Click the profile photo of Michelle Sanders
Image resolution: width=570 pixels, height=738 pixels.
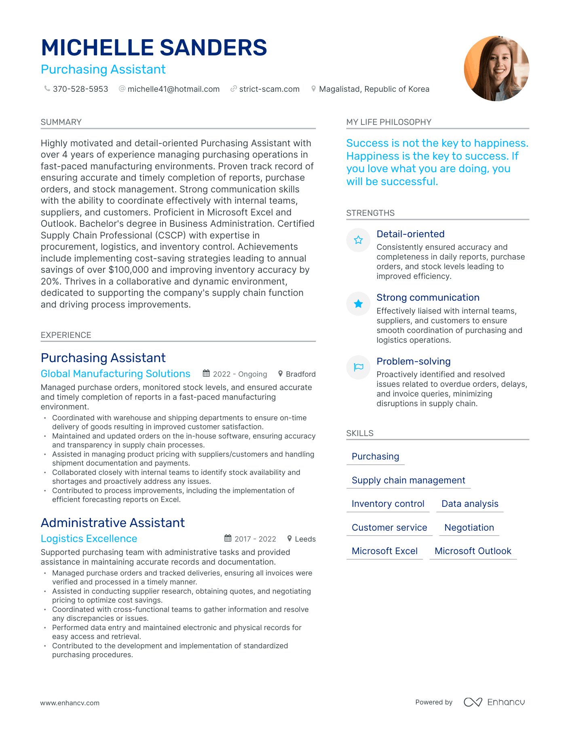(x=496, y=68)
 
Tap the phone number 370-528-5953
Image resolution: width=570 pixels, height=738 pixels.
(x=80, y=89)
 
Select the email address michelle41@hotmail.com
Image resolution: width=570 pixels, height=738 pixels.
(x=173, y=89)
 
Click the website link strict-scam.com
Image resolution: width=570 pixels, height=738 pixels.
(x=269, y=89)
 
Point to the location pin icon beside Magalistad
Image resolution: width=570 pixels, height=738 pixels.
(x=313, y=89)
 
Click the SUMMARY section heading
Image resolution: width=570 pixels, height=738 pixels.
(x=61, y=122)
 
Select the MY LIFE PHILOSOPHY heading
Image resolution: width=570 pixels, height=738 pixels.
(x=388, y=122)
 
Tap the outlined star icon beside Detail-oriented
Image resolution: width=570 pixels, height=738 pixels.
(x=358, y=240)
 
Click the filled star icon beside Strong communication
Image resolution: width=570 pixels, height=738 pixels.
(x=358, y=304)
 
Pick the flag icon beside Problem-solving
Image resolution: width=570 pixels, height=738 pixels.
(x=358, y=367)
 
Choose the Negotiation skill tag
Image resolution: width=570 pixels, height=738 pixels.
(x=469, y=527)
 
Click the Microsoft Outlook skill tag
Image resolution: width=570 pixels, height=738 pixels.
(x=473, y=551)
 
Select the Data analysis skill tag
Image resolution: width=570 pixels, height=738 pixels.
(x=470, y=504)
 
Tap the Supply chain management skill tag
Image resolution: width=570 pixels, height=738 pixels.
(x=408, y=480)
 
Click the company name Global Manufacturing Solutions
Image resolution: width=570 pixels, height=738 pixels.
(x=116, y=374)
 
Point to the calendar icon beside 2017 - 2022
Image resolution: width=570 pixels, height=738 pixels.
(x=228, y=538)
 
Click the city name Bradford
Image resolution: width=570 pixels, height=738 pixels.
(x=300, y=374)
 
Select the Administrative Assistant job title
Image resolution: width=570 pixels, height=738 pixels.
(x=113, y=523)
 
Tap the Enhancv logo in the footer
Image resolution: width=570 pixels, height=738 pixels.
(x=494, y=702)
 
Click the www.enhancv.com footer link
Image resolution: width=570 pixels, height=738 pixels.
(x=70, y=703)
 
